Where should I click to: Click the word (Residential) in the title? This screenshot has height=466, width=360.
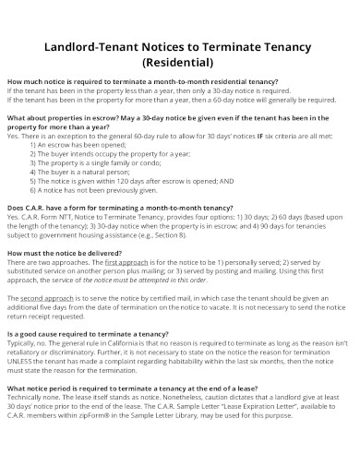179,64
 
